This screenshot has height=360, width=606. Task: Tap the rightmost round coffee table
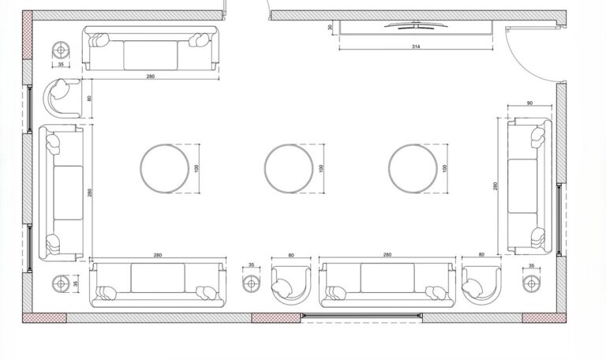click(413, 168)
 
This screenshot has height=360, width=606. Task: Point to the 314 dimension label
click(416, 47)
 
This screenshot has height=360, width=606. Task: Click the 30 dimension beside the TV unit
click(330, 28)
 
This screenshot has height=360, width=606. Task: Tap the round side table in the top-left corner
click(61, 51)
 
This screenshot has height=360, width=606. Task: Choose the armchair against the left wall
click(62, 99)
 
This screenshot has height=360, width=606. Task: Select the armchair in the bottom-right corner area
click(481, 284)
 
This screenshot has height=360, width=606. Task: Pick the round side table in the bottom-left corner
click(61, 283)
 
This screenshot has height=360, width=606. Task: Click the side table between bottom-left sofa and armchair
click(251, 282)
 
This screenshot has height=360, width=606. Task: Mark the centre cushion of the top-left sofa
click(150, 54)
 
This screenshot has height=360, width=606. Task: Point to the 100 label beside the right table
click(445, 168)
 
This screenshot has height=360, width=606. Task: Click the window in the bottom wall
click(361, 317)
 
